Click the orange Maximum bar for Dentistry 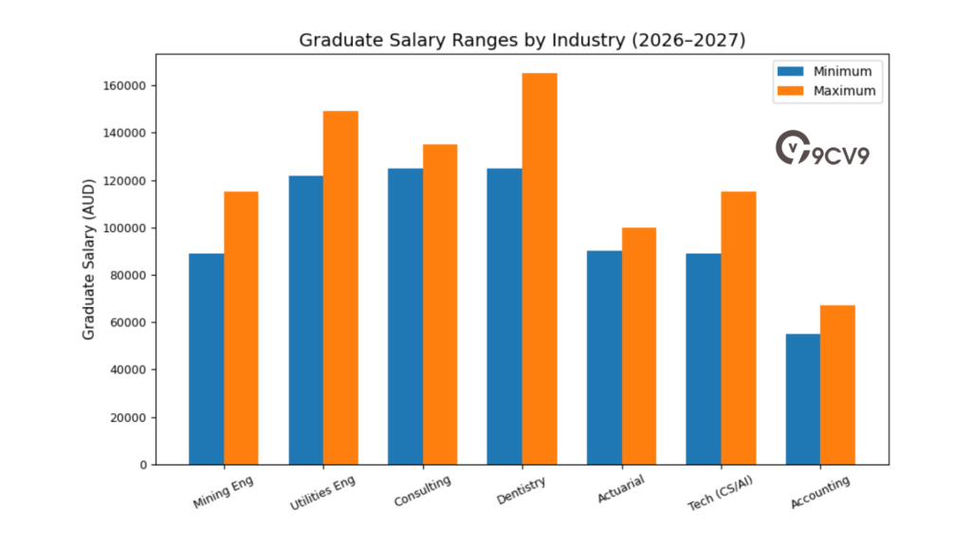click(x=540, y=268)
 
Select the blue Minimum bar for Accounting click(x=802, y=399)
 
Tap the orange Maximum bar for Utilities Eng click(x=340, y=287)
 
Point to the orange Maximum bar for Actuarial click(x=638, y=346)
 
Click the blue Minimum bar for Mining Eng click(x=207, y=358)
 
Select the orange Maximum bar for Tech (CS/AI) click(x=738, y=328)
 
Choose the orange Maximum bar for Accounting click(x=837, y=385)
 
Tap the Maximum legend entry click(x=824, y=91)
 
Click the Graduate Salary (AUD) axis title click(x=89, y=258)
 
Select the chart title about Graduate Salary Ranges click(x=521, y=40)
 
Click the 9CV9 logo click(x=821, y=150)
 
